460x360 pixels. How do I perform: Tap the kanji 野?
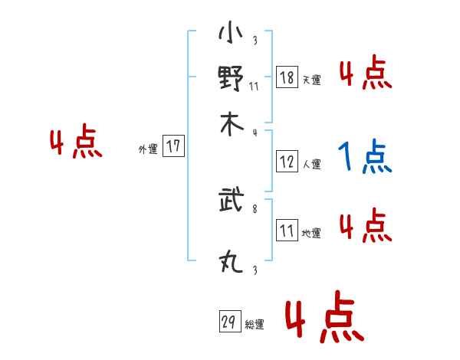click(230, 79)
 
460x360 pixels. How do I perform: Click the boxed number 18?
click(287, 78)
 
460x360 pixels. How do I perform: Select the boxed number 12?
click(287, 162)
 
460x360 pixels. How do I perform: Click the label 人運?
click(311, 165)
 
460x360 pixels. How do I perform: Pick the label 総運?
click(255, 325)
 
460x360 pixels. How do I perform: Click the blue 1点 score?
click(364, 158)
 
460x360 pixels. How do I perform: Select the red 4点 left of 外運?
click(76, 144)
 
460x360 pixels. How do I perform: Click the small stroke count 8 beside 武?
click(255, 207)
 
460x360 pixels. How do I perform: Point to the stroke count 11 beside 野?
click(255, 86)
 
